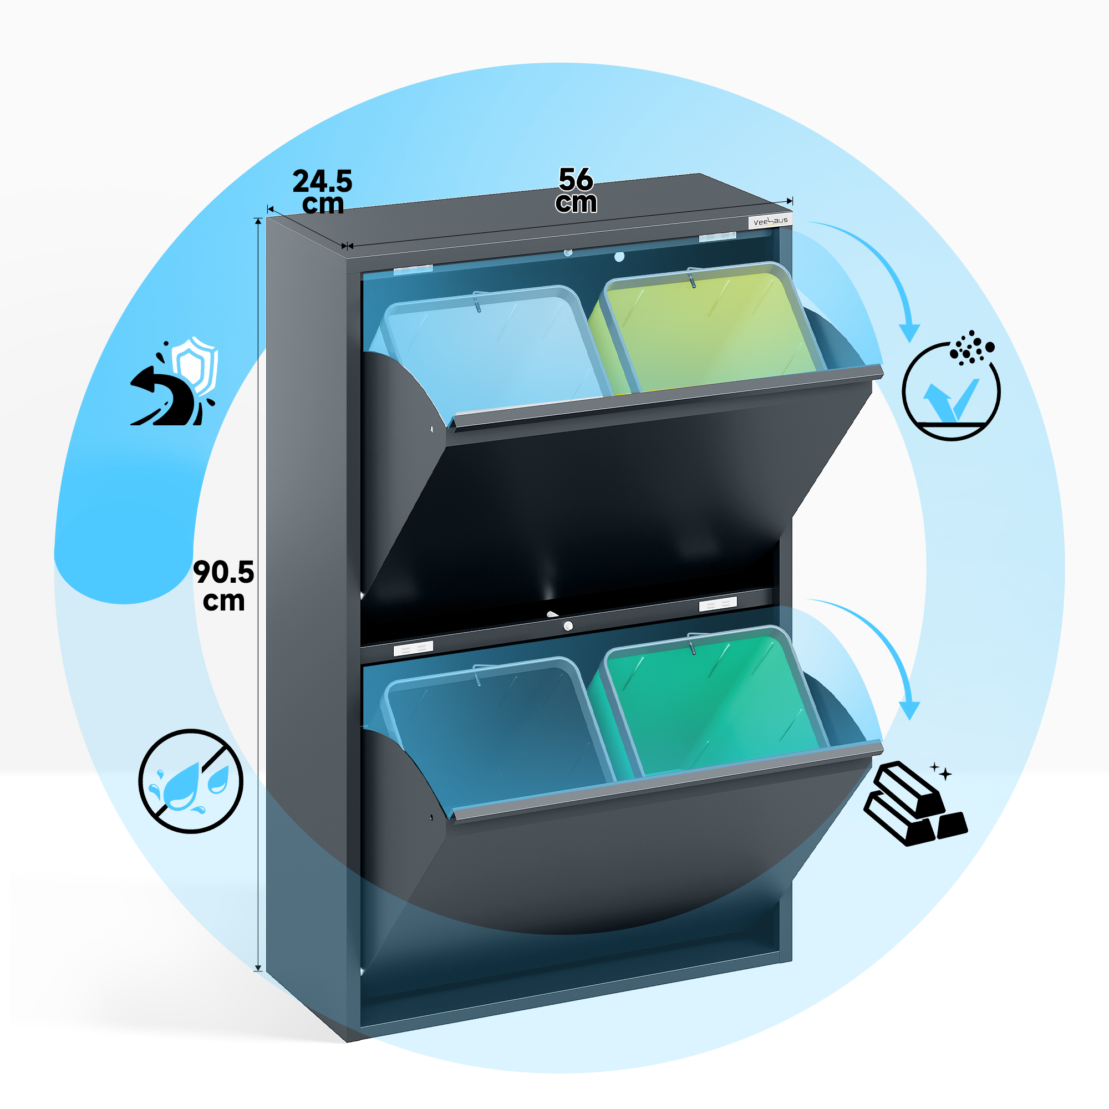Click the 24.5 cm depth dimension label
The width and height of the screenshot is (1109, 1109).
[323, 192]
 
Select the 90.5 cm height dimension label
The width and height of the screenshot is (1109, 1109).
[223, 586]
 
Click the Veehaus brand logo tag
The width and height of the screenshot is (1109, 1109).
[770, 221]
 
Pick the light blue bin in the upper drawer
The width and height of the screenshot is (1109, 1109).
[488, 350]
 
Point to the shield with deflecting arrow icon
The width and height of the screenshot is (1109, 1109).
[174, 381]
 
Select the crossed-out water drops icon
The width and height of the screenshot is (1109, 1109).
[191, 782]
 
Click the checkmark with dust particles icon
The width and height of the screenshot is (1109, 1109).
[951, 386]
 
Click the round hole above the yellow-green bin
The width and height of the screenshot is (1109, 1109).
[619, 257]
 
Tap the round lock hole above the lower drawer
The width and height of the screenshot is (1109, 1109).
[568, 626]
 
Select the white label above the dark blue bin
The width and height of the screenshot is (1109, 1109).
[413, 649]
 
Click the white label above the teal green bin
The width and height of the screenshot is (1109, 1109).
[718, 604]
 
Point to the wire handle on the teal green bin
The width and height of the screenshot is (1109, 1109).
[692, 643]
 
